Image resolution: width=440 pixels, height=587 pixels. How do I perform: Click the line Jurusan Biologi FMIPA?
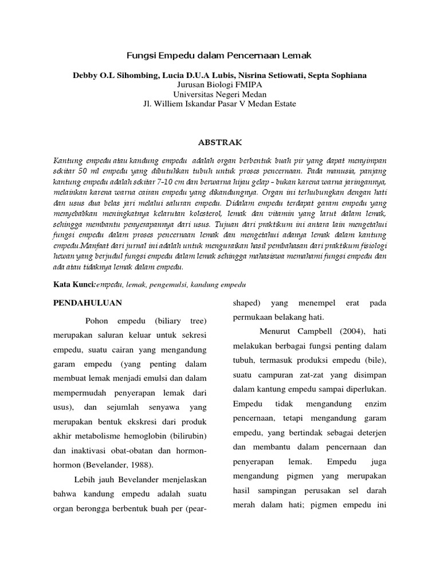click(220, 85)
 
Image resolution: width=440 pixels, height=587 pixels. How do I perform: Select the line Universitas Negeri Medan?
click(220, 94)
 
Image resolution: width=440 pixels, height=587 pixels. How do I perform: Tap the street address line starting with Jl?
click(220, 103)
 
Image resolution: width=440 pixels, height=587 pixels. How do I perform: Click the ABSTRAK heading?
click(220, 142)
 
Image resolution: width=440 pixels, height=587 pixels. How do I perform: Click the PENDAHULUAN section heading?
click(87, 302)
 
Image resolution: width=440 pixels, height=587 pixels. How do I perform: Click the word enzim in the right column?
click(375, 405)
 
